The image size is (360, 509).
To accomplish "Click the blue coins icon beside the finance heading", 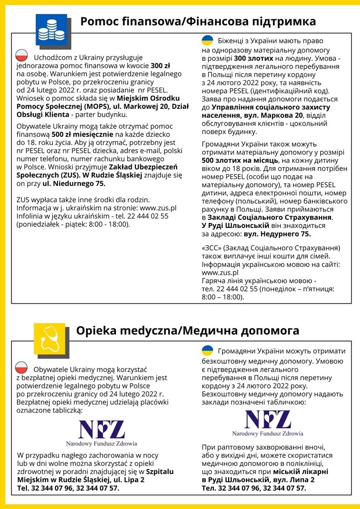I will pos(51,30).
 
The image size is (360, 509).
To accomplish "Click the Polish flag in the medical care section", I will pos(22,367).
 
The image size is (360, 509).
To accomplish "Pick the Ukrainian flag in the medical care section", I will pos(207,351).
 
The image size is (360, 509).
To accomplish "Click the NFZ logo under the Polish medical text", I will pos(102,433).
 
